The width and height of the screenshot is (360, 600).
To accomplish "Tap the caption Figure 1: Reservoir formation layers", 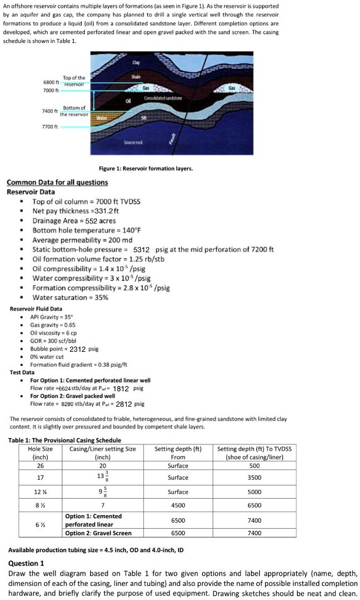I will pyautogui.click(x=146, y=169).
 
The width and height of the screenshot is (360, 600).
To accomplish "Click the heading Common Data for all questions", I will pyautogui.click(x=57, y=183).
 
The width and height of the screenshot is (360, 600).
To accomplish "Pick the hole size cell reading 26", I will pyautogui.click(x=39, y=465).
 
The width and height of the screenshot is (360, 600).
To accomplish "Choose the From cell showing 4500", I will pyautogui.click(x=178, y=505).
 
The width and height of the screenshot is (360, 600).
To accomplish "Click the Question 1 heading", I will pyautogui.click(x=27, y=563).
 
